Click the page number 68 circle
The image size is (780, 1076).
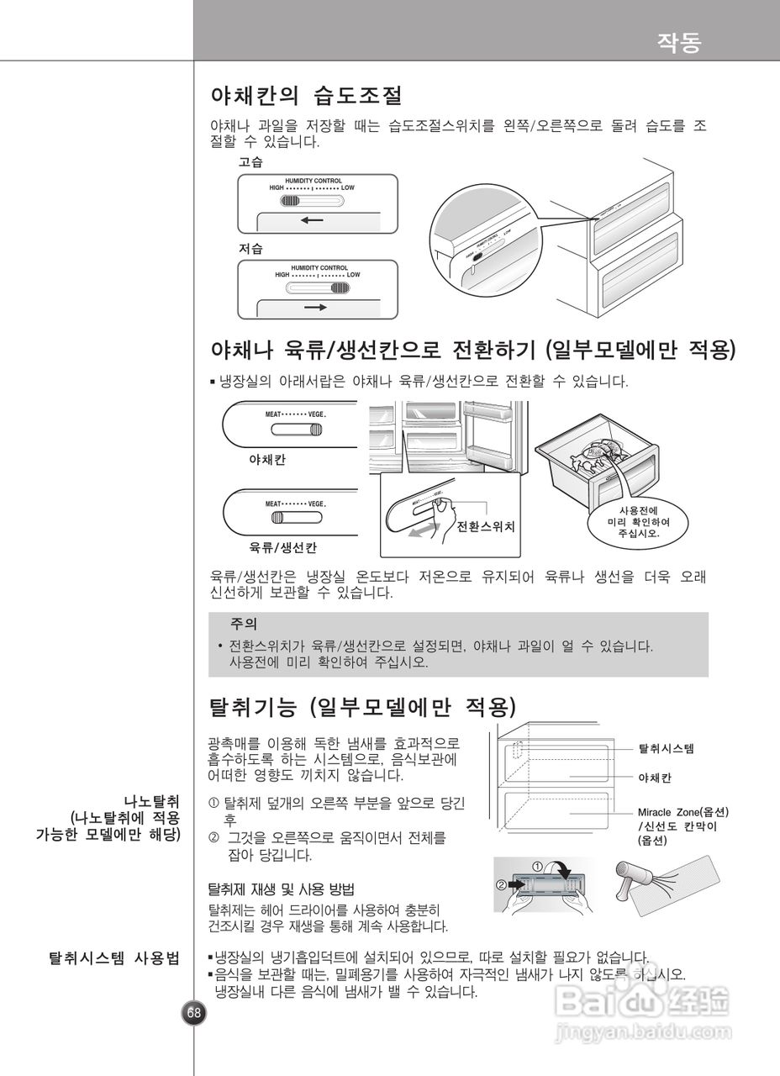tap(194, 1012)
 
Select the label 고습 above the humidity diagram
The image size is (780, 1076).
tap(250, 162)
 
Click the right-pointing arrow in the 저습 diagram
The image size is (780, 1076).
tap(316, 308)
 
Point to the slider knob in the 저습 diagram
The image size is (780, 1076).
tap(339, 287)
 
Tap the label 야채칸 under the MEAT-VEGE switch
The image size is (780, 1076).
tap(267, 461)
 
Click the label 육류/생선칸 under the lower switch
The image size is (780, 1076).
tap(283, 548)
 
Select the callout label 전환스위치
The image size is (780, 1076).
tap(485, 527)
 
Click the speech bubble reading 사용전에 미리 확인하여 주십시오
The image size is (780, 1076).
tap(639, 521)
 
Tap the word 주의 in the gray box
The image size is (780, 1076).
tap(244, 625)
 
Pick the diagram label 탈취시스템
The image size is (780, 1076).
tap(667, 747)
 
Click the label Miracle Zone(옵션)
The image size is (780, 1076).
tap(682, 813)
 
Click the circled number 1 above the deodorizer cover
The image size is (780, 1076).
tap(538, 865)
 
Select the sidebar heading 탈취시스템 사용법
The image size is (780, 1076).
tap(115, 957)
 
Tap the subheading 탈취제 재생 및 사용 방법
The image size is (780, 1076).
tap(281, 889)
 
